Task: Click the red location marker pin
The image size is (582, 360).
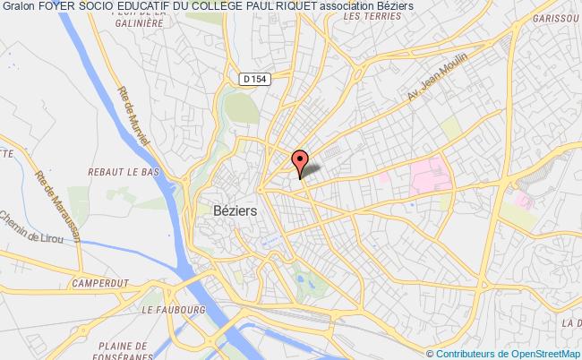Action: click(x=300, y=160)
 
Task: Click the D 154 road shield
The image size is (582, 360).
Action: click(x=254, y=80)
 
